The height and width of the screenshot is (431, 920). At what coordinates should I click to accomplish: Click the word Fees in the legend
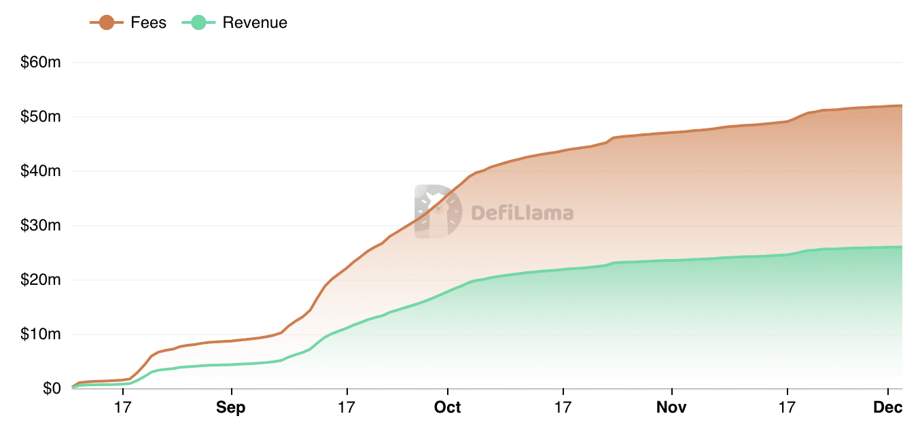pos(148,22)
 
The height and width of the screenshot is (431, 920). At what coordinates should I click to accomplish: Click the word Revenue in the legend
pos(255,22)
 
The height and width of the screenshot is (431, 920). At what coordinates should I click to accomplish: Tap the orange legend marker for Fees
pos(107,22)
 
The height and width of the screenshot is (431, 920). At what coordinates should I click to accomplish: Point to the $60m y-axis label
pos(42,63)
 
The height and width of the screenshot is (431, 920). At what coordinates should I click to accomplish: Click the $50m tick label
pos(42,117)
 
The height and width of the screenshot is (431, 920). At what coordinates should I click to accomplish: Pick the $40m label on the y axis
pos(42,171)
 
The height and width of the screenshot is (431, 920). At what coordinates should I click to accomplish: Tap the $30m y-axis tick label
pos(42,226)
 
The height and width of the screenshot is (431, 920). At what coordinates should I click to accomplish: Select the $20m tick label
pos(42,280)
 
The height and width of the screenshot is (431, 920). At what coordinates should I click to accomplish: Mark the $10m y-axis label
pos(42,334)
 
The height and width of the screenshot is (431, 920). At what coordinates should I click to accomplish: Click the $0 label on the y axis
pos(52,389)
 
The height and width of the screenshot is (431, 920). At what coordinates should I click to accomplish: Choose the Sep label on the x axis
pos(232,408)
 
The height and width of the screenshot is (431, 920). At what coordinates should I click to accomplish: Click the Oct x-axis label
pos(448,408)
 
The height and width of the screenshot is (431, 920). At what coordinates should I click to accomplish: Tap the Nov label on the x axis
pos(671,408)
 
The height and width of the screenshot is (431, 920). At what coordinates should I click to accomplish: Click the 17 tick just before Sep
pos(122,408)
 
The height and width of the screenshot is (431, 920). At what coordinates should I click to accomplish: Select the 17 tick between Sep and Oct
pos(347,408)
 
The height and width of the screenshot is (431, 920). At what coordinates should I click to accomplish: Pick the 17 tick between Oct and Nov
pos(563,408)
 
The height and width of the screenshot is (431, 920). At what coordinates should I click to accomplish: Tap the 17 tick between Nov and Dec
pos(787,408)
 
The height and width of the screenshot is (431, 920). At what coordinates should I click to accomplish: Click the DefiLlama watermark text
pos(522,213)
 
